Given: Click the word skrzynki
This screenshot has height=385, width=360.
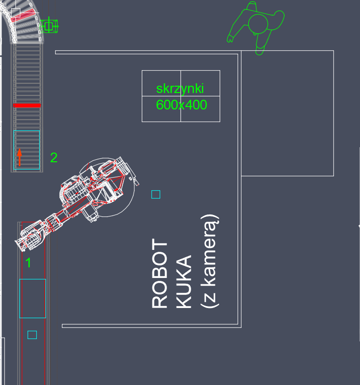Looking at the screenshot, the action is pos(180,89).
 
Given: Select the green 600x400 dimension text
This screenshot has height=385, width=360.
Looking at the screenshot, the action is pos(181,105).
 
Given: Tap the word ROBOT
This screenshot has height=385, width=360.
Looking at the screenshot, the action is pos(160,273).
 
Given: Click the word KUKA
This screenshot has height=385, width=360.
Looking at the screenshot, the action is pos(183,281).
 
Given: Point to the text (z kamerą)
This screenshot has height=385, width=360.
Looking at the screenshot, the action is pos(210,261).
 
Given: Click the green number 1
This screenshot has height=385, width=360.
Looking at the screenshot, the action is pos(29,263).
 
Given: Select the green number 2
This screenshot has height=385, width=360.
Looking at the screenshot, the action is pos(54,157).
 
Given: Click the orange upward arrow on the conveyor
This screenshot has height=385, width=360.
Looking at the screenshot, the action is pos(19,157).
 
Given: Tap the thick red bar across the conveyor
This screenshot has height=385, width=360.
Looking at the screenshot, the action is pos(27,106).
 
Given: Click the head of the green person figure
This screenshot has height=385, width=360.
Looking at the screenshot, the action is pos(258,24).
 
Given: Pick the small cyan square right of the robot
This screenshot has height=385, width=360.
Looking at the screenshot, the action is pos(156,195).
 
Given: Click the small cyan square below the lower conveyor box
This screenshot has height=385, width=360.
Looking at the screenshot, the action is pos(32,335).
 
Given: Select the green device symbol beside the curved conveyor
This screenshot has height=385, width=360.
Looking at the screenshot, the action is pos(49,26).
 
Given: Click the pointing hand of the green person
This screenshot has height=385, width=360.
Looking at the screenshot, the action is pos(230,39).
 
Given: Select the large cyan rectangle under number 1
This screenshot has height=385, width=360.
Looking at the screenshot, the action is pos(32,299).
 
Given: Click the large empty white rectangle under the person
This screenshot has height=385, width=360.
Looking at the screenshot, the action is pos(287,113).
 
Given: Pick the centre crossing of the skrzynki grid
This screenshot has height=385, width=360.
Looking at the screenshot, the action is pos(180,96).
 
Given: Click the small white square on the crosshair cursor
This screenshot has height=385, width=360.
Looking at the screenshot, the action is pos(15,13).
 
